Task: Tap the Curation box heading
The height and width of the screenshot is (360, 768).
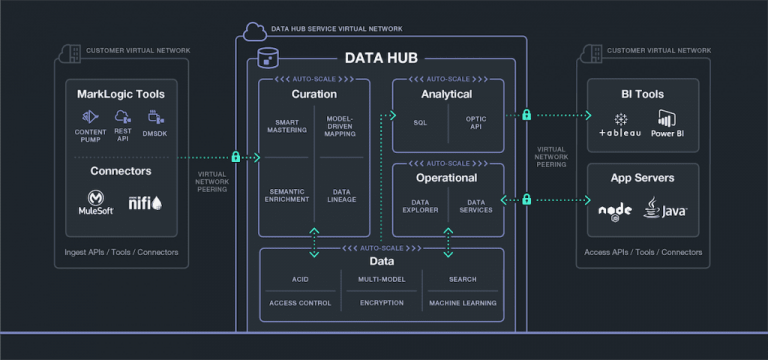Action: click(x=313, y=94)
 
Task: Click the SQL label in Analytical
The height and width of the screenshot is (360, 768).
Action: click(x=420, y=122)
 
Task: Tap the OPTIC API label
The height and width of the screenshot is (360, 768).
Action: click(x=476, y=122)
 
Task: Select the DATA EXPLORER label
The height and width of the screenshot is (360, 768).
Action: click(x=420, y=207)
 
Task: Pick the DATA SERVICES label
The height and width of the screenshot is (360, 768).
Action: click(x=476, y=207)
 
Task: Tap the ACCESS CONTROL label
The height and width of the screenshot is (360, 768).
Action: click(x=300, y=302)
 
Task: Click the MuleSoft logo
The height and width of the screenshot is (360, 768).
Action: click(x=96, y=206)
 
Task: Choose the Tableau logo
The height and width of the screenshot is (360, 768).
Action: click(x=620, y=127)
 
